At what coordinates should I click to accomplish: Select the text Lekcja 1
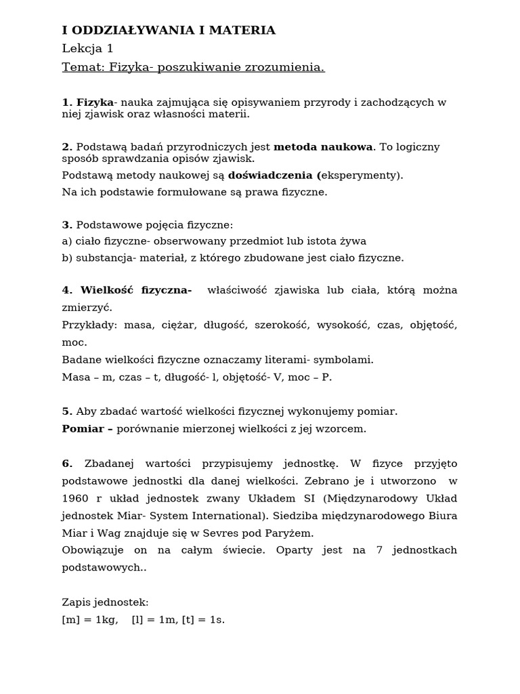[88, 49]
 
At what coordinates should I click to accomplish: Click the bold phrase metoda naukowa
[323, 147]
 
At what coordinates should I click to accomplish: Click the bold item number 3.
[67, 225]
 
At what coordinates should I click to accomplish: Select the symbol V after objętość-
[277, 377]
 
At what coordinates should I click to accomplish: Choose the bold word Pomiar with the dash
[87, 429]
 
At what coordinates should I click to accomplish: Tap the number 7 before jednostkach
[379, 550]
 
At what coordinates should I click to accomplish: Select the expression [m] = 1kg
[90, 619]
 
